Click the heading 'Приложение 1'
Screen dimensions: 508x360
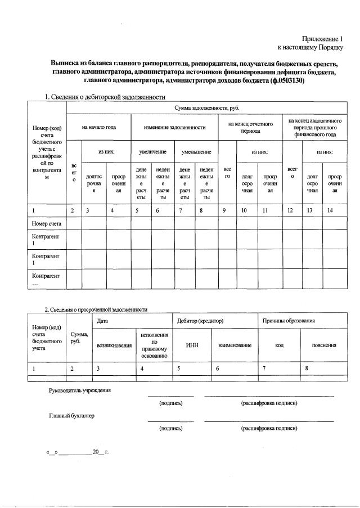pyautogui.click(x=322, y=39)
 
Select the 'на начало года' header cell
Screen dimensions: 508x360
pyautogui.click(x=98, y=127)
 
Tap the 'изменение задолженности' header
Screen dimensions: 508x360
pyautogui.click(x=174, y=127)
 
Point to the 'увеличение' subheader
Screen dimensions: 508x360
pyautogui.click(x=152, y=152)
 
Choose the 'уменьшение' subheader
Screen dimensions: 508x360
pyautogui.click(x=196, y=152)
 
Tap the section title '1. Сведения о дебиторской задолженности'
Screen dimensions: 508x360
pyautogui.click(x=105, y=97)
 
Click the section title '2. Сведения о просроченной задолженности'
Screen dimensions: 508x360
pyautogui.click(x=96, y=309)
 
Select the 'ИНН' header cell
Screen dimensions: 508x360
pyautogui.click(x=192, y=345)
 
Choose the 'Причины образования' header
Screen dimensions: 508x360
pyautogui.click(x=289, y=321)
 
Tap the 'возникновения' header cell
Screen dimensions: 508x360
pyautogui.click(x=115, y=345)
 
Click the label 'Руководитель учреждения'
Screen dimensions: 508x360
pyautogui.click(x=79, y=390)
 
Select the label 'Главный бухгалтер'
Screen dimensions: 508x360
pyautogui.click(x=71, y=416)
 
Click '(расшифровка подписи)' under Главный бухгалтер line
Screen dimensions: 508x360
pyautogui.click(x=269, y=429)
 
